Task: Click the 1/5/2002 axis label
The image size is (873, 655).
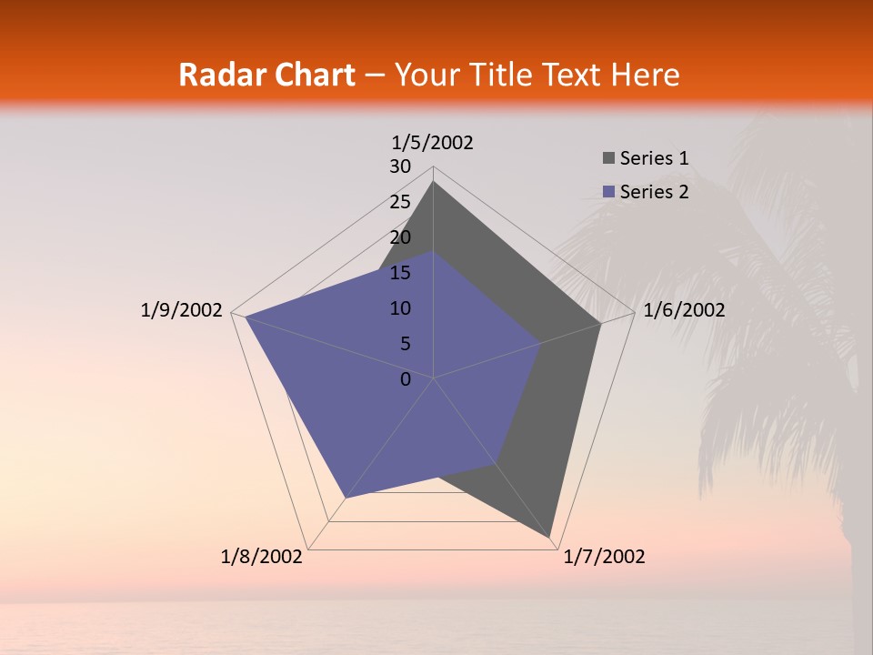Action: (x=433, y=142)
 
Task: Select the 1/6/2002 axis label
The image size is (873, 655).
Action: (x=684, y=310)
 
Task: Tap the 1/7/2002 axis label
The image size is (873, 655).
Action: (x=604, y=557)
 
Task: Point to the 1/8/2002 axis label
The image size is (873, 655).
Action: (x=262, y=557)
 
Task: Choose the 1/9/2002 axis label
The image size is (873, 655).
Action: (x=182, y=310)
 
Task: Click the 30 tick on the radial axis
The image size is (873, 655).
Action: (x=400, y=166)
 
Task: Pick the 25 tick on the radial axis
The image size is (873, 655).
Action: (x=400, y=202)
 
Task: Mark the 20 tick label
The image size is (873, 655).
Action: (x=400, y=237)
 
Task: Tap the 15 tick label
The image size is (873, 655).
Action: (x=400, y=273)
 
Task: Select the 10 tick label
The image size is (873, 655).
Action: (x=400, y=308)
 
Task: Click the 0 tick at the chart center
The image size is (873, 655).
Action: (x=406, y=379)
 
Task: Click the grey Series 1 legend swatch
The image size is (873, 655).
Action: (x=608, y=158)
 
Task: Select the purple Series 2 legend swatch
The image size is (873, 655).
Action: (x=608, y=192)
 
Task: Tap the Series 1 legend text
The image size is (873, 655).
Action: (x=654, y=158)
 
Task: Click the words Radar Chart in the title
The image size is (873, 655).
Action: (x=266, y=75)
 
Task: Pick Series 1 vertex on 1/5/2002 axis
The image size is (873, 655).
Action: (x=434, y=182)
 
